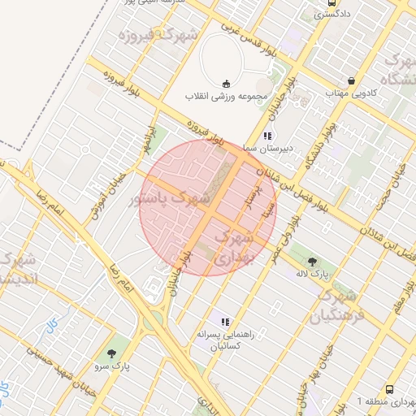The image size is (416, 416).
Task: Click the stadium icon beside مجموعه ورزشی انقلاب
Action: pos(226,84)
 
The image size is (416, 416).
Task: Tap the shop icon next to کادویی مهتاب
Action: pos(351,81)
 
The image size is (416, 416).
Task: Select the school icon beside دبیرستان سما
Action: pos(267,136)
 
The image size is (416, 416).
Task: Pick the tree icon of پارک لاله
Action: pos(313,261)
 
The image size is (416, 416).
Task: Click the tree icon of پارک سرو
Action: pos(110,353)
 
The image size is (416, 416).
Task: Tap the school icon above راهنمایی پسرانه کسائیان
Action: pos(225,322)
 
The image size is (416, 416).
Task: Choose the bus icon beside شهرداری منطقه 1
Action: pos(389,390)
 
